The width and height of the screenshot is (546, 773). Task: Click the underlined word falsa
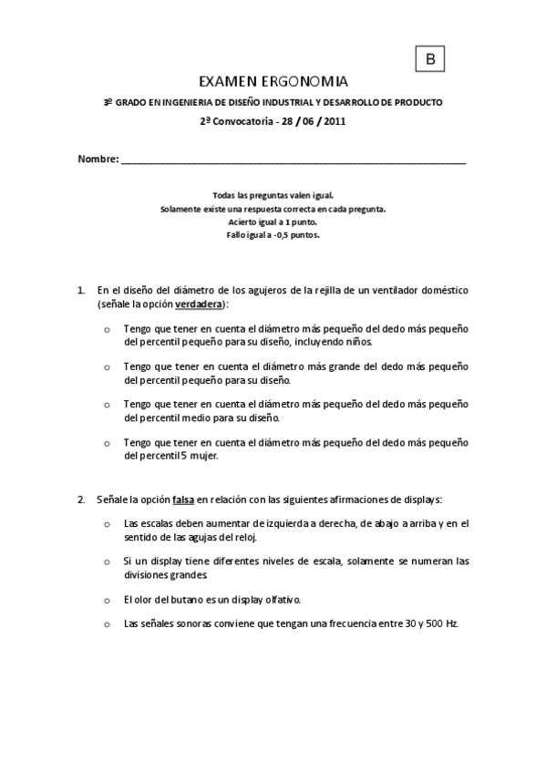[183, 500]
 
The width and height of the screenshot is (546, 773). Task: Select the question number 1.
[81, 291]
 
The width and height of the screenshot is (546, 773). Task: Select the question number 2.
[81, 500]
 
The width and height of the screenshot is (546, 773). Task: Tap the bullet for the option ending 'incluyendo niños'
[108, 329]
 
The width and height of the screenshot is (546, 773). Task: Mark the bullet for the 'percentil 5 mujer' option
[108, 443]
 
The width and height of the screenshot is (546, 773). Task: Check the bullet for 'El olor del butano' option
[108, 601]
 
